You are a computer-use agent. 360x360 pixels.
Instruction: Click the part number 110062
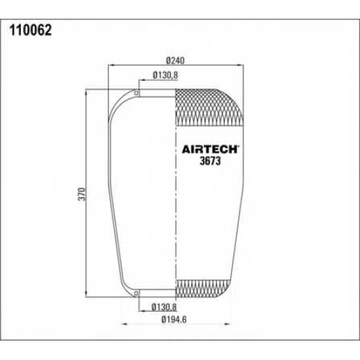pyautogui.click(x=30, y=30)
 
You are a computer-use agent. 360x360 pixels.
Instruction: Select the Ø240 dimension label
pyautogui.click(x=176, y=60)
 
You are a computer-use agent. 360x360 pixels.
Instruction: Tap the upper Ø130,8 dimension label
pyautogui.click(x=166, y=75)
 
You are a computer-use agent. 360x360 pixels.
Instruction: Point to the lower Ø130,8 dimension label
pyautogui.click(x=164, y=307)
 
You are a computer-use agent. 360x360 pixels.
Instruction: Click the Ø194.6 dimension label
pyautogui.click(x=174, y=320)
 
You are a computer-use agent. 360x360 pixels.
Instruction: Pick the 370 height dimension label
pyautogui.click(x=82, y=194)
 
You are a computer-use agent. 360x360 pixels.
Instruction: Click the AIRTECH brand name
pyautogui.click(x=210, y=149)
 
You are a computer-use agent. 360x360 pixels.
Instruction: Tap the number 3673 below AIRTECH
pyautogui.click(x=210, y=161)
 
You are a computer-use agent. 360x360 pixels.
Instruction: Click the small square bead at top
pyautogui.click(x=136, y=93)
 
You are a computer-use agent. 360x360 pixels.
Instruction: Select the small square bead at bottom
pyautogui.click(x=136, y=293)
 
